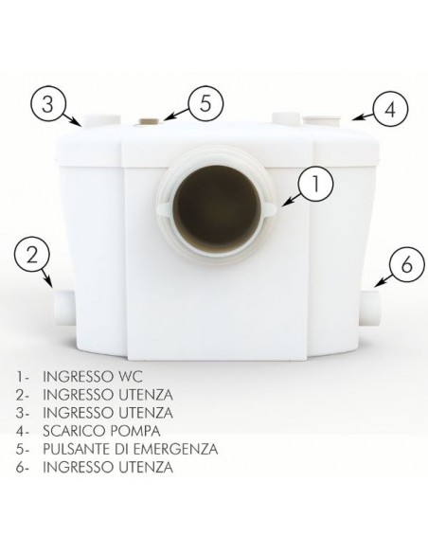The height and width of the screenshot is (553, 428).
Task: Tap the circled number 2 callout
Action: pyautogui.click(x=32, y=254)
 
